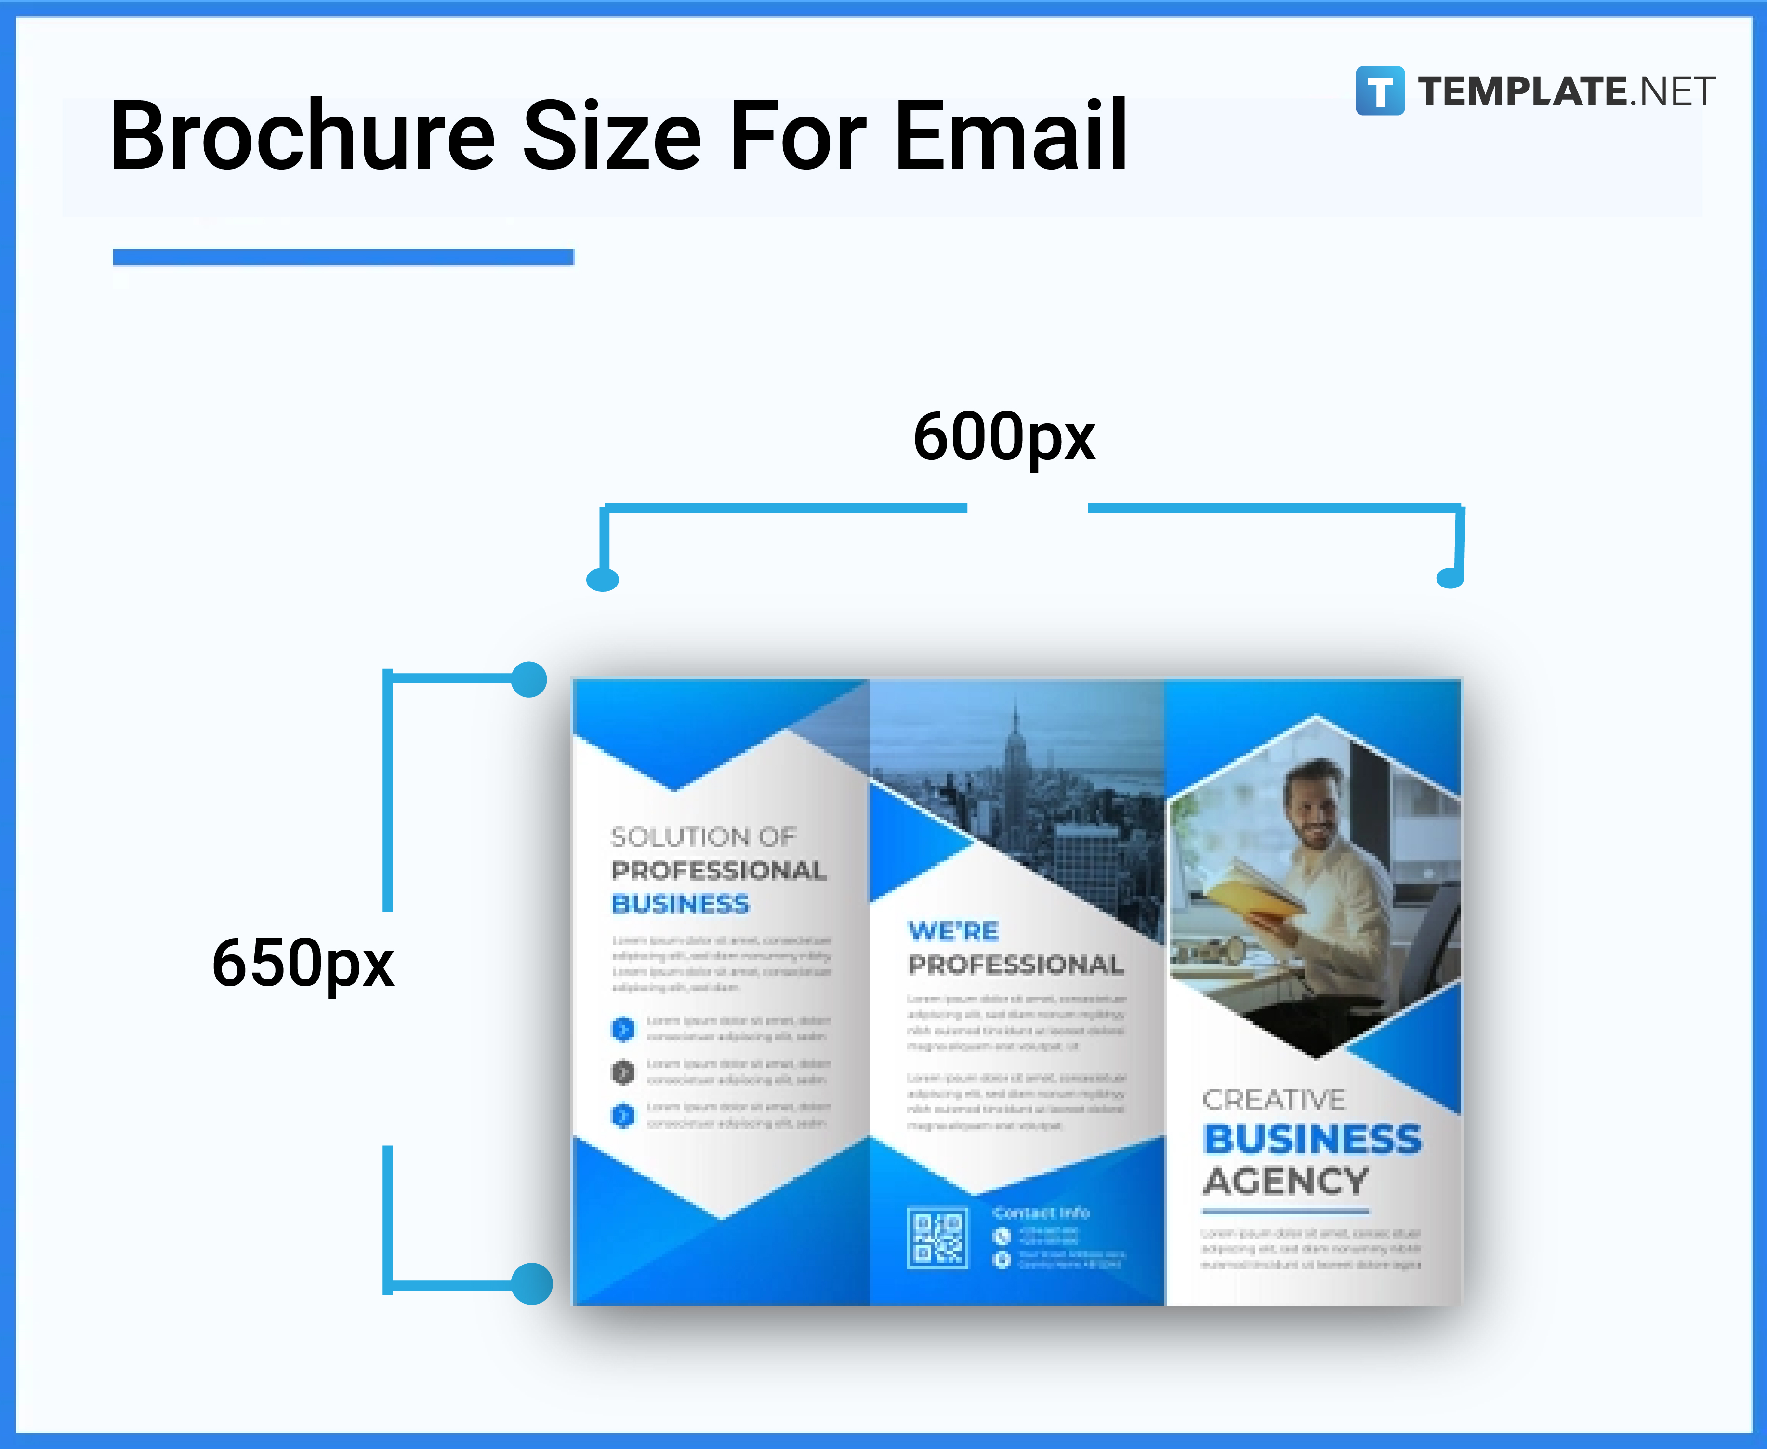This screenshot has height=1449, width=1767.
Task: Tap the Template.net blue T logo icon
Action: click(1380, 91)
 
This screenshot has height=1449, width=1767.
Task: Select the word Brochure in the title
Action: click(303, 137)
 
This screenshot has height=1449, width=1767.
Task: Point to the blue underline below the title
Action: click(343, 257)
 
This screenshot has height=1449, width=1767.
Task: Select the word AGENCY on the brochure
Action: click(1286, 1181)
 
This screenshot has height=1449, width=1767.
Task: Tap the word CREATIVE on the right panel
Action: click(1274, 1100)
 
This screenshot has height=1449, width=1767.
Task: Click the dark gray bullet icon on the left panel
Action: click(623, 1072)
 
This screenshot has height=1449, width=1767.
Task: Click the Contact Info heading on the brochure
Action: click(1041, 1213)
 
